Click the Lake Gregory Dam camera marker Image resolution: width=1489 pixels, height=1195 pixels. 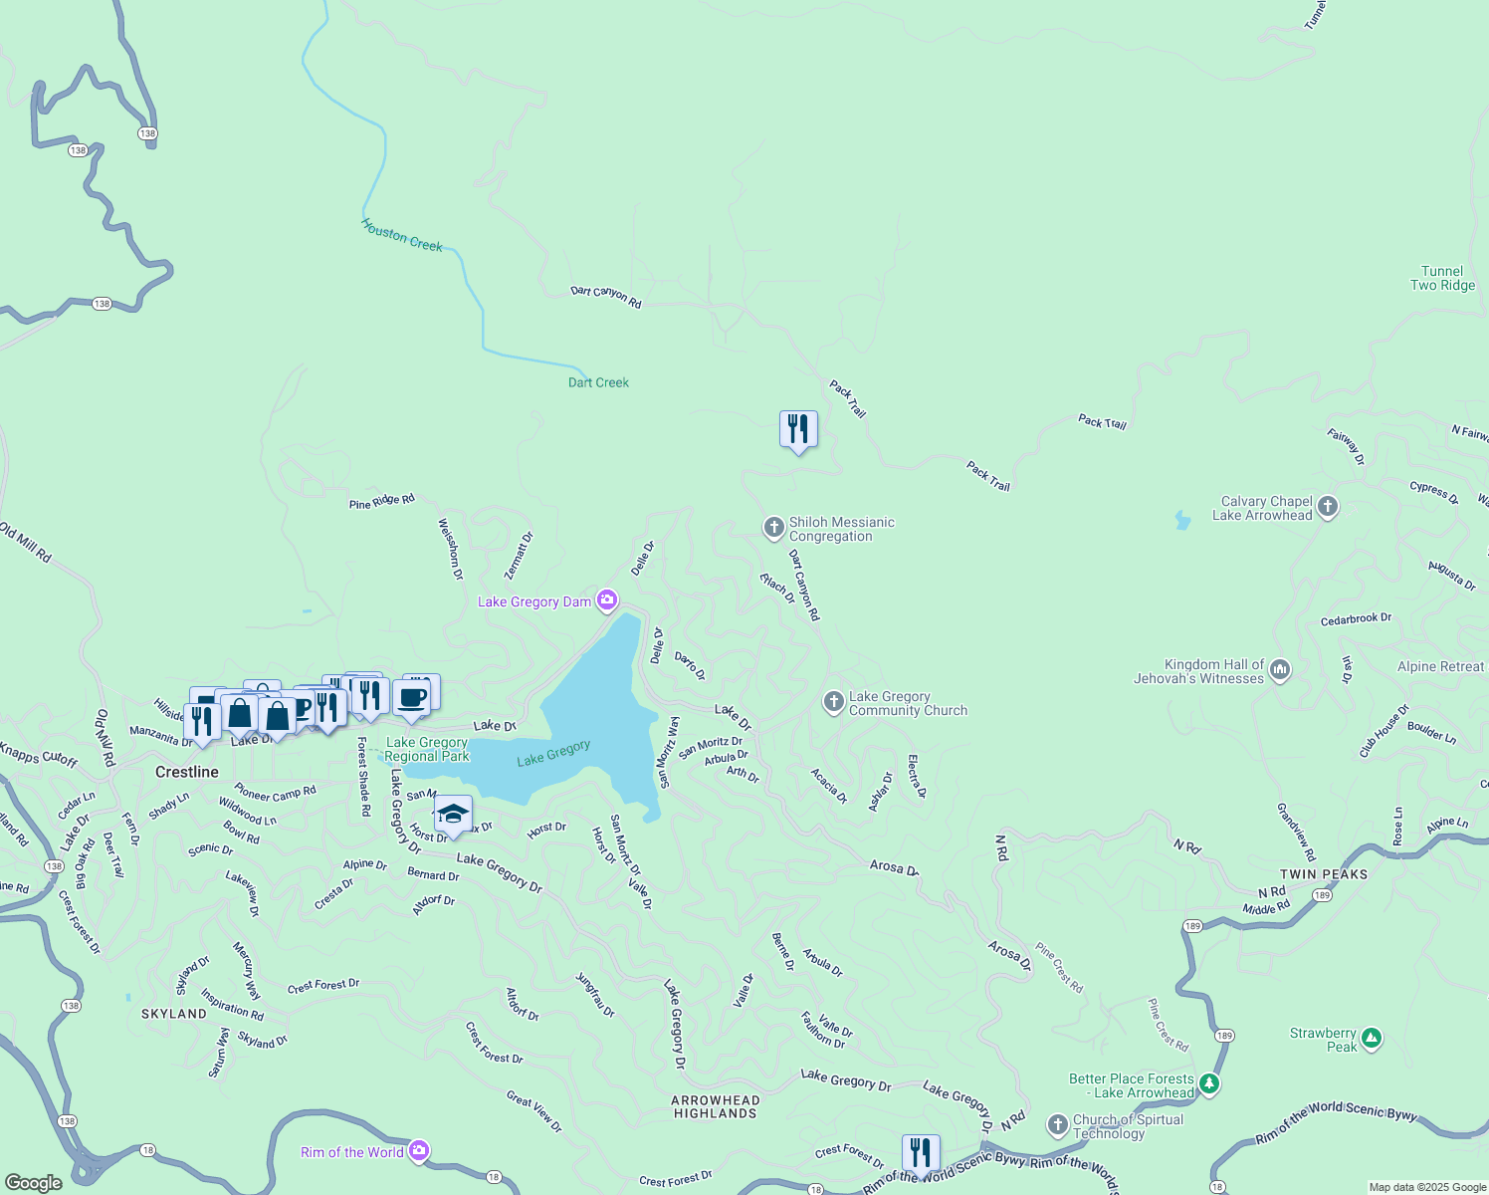click(x=607, y=600)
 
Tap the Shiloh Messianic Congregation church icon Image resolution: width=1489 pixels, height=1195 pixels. click(x=773, y=528)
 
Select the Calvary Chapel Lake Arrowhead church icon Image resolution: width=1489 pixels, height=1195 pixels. click(x=1327, y=508)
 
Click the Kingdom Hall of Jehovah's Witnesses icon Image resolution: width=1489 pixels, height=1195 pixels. click(x=1280, y=670)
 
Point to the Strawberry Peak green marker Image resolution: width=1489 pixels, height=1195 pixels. click(x=1372, y=1039)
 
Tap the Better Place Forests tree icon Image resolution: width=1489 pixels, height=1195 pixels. click(x=1209, y=1083)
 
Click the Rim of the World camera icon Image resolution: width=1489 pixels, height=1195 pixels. click(x=418, y=1151)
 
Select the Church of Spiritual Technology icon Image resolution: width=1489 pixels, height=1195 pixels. click(x=1057, y=1125)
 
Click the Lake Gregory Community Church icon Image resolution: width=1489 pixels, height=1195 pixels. click(x=833, y=702)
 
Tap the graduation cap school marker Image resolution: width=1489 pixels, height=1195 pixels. click(x=453, y=815)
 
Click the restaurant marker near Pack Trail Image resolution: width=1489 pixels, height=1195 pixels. click(x=798, y=429)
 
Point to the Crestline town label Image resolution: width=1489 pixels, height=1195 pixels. click(x=187, y=772)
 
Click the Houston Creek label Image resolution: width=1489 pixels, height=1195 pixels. click(x=402, y=236)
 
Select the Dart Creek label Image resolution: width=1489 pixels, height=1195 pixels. click(x=598, y=382)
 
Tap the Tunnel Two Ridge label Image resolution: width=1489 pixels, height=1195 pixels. click(x=1442, y=278)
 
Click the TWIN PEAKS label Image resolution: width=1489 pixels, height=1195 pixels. click(x=1323, y=874)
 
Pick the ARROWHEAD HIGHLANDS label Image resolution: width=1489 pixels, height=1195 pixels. click(x=716, y=1106)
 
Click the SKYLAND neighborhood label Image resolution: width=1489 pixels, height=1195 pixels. click(x=174, y=1014)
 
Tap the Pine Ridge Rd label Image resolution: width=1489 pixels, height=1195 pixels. click(x=381, y=501)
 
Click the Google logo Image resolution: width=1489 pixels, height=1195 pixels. click(x=34, y=1182)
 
